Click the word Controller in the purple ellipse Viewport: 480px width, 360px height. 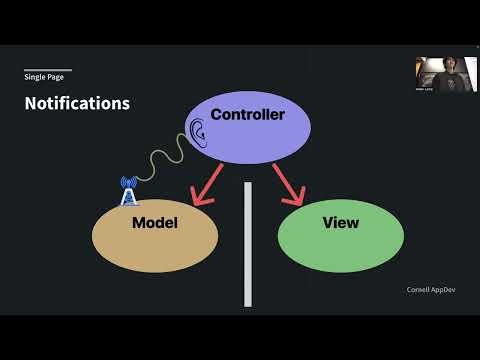tap(247, 115)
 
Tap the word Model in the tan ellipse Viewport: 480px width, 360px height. tap(154, 223)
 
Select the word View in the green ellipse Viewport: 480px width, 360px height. tap(340, 222)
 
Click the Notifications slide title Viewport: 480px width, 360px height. tap(77, 103)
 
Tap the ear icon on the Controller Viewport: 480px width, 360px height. tap(197, 130)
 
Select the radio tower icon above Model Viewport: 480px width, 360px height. tap(128, 190)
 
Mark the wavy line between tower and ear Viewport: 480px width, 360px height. tap(160, 160)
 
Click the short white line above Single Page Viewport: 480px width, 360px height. tap(47, 70)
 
